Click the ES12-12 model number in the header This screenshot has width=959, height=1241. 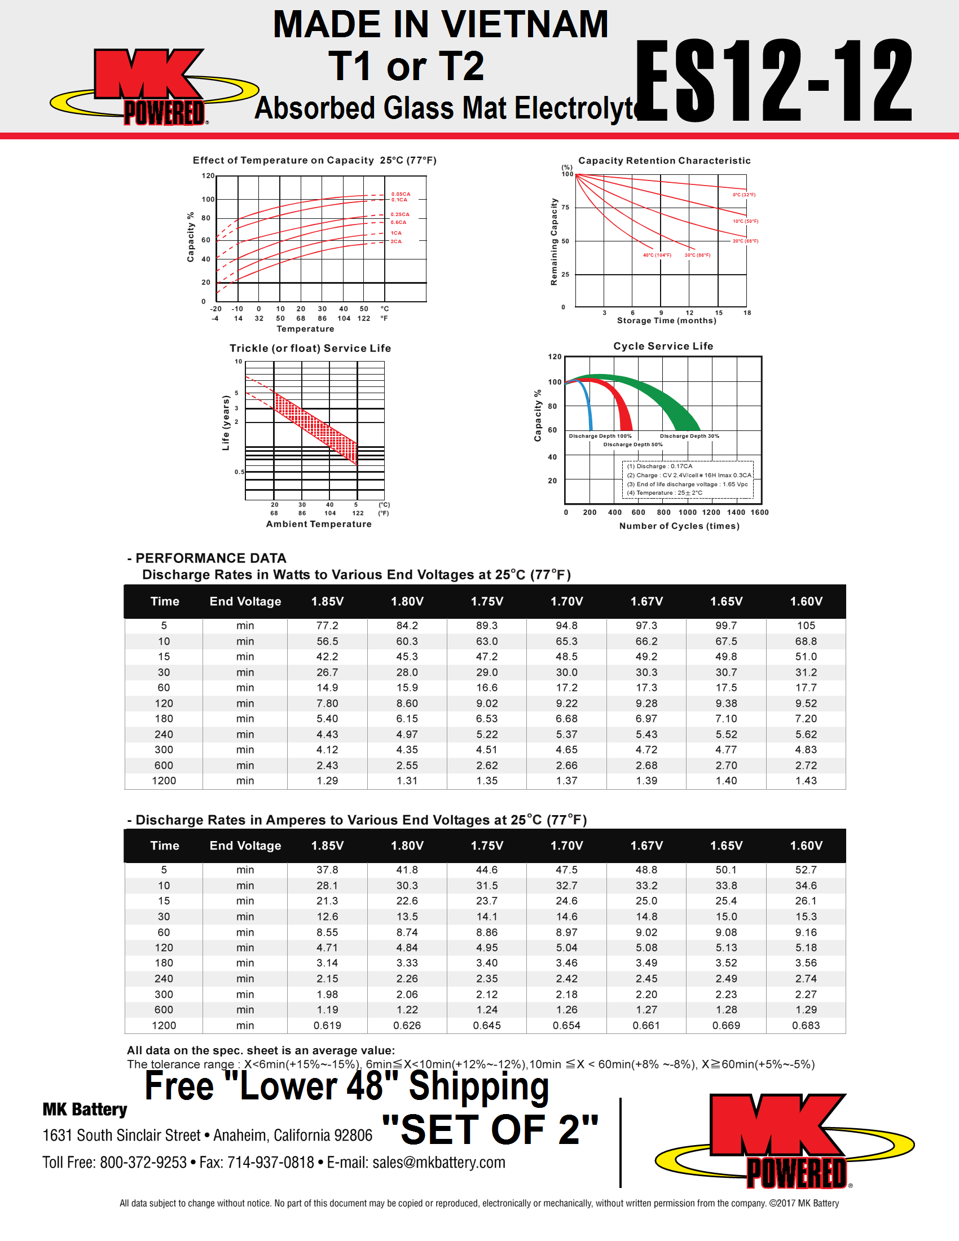pos(773,81)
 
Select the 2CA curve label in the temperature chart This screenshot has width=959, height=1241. pos(396,241)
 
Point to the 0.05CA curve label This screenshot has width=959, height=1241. pos(401,193)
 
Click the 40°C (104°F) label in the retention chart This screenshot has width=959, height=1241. pos(657,255)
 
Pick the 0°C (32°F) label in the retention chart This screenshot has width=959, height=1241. pos(744,195)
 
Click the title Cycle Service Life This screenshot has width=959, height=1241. pos(663,346)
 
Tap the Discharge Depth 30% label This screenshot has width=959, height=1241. pos(689,436)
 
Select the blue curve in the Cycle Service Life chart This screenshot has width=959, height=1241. pos(587,403)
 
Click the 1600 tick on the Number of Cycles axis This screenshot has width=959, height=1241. pos(760,512)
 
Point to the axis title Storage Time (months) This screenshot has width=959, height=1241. pos(666,320)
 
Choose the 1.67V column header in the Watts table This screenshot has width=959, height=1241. pos(646,601)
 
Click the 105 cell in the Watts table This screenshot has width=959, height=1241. pos(806,626)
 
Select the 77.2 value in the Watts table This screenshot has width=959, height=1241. pos(327,626)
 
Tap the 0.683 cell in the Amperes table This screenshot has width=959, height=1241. pos(806,1026)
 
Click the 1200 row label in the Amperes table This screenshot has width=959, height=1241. pos(164,1026)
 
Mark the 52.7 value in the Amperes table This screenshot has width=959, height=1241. pos(806,870)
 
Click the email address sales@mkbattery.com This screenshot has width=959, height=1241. pos(438,1163)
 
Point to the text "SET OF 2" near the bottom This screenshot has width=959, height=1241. pos(490,1129)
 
